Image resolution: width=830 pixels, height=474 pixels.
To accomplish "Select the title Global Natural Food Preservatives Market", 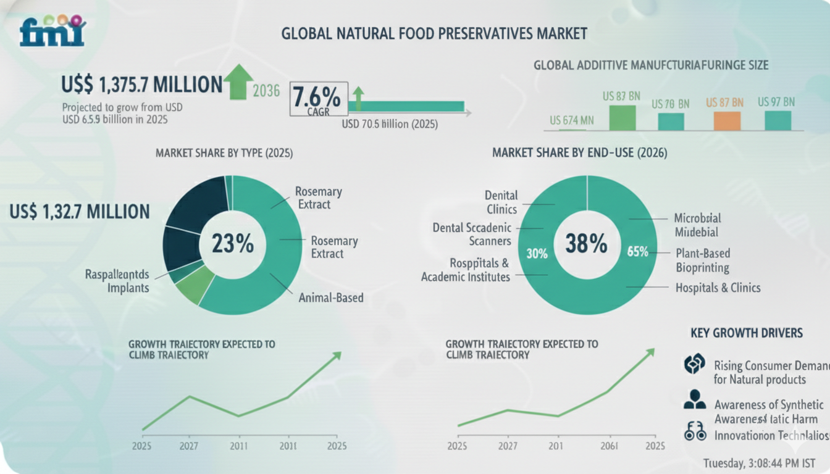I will (x=434, y=33).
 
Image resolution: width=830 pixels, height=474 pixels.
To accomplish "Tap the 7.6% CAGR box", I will (x=317, y=99).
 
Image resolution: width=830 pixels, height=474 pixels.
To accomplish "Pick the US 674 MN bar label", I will (x=572, y=120).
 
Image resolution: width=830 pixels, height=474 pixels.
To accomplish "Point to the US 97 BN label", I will (x=776, y=101).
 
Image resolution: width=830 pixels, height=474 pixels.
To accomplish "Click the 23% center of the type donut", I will (x=232, y=244).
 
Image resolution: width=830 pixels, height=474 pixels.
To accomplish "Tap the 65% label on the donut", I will (x=637, y=251).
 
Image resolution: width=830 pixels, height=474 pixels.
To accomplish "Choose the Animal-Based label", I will (x=330, y=298).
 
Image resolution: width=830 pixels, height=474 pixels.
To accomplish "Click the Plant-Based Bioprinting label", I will (x=703, y=260).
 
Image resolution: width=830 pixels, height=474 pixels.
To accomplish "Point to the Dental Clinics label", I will (x=501, y=202).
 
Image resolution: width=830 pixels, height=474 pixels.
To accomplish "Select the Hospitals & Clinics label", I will (x=718, y=288).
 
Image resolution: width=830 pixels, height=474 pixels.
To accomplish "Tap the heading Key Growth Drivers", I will (x=746, y=333).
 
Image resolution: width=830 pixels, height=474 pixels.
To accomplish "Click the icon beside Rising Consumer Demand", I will (x=694, y=365).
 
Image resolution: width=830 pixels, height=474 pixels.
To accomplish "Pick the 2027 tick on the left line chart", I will (x=190, y=446).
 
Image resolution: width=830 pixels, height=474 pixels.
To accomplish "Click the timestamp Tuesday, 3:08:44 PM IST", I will (x=759, y=463).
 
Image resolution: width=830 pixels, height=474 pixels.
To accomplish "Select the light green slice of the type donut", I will (x=195, y=288).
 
